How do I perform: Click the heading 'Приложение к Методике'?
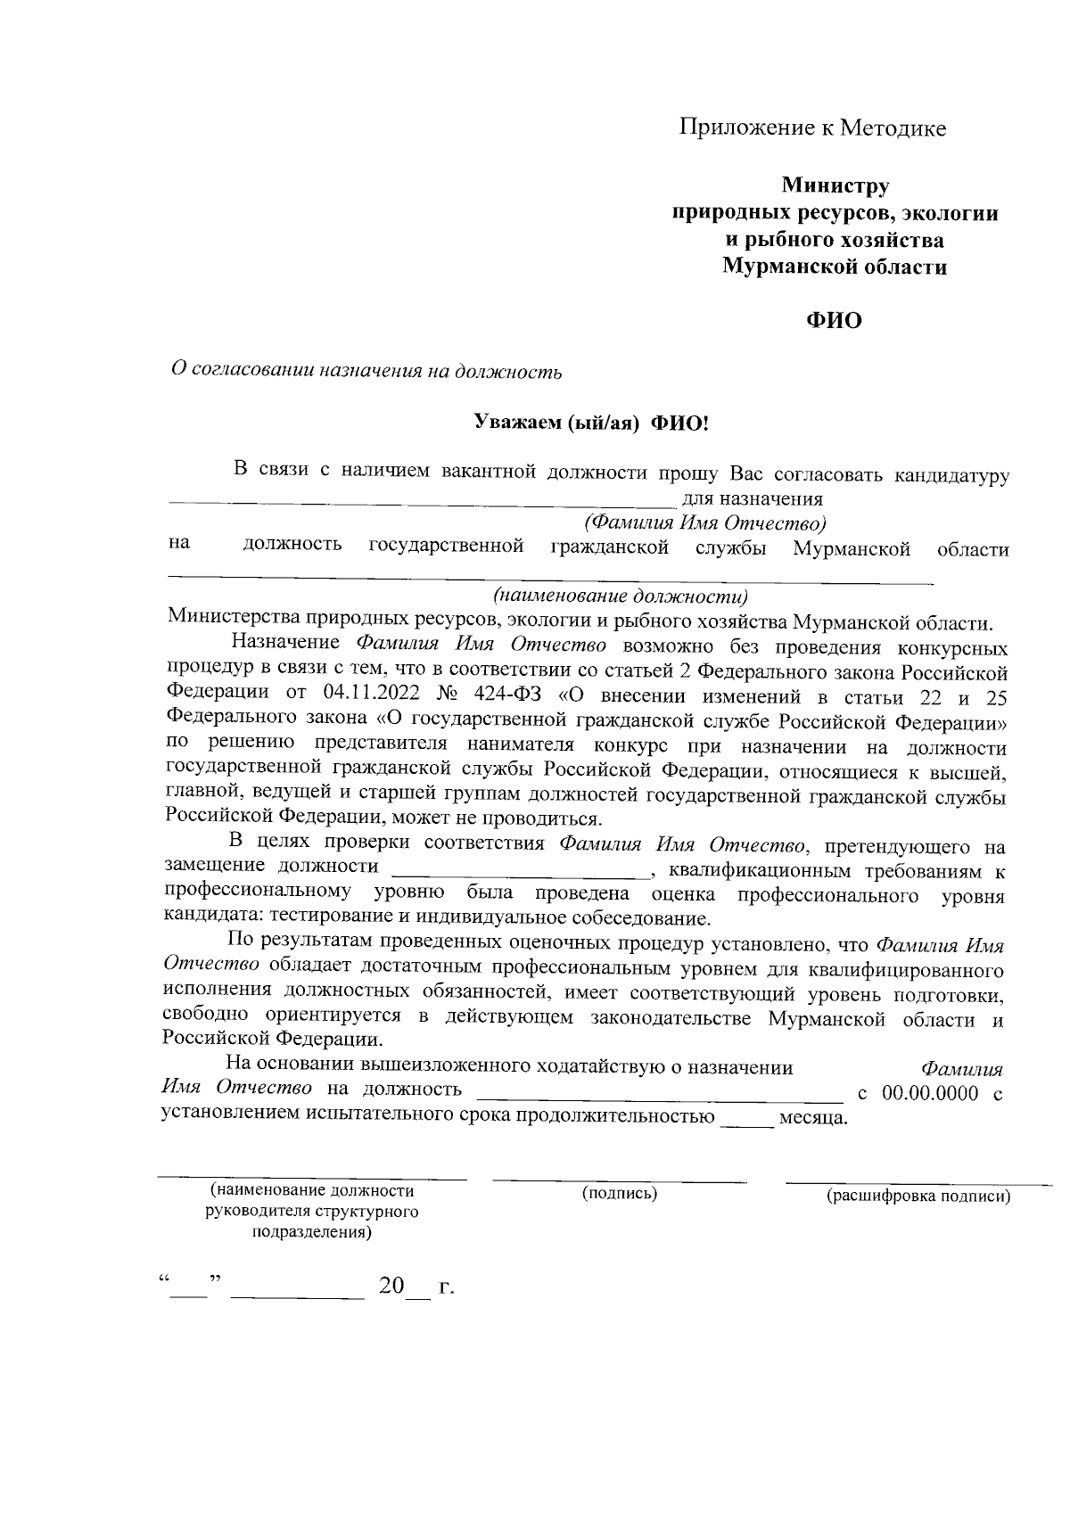[812, 128]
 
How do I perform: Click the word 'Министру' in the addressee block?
[835, 186]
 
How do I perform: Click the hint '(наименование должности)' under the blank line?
[621, 596]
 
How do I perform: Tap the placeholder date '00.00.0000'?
[930, 1093]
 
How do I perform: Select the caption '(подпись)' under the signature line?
[620, 1193]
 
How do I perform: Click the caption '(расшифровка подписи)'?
[918, 1196]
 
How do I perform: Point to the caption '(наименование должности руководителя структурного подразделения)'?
[312, 1212]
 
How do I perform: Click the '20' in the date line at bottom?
[391, 1287]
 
